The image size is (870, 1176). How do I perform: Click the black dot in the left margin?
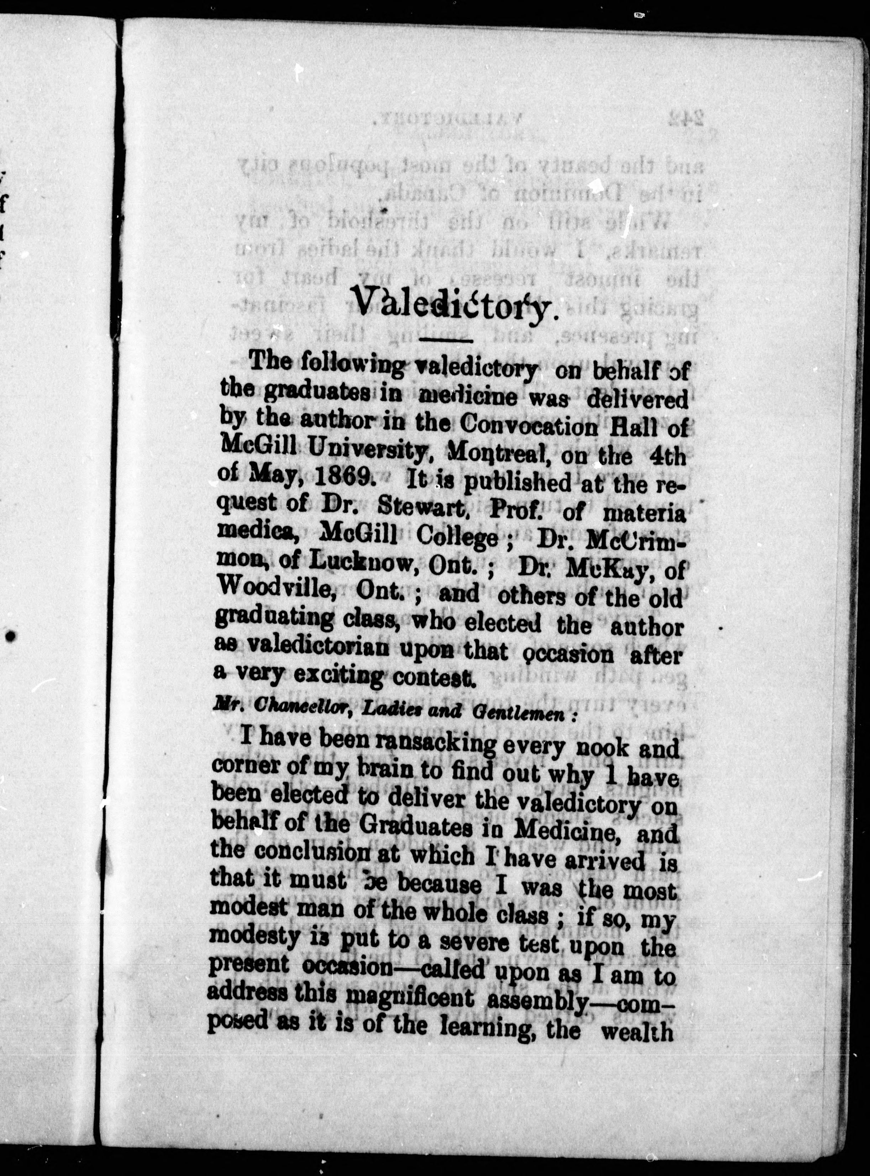[x=11, y=637]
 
